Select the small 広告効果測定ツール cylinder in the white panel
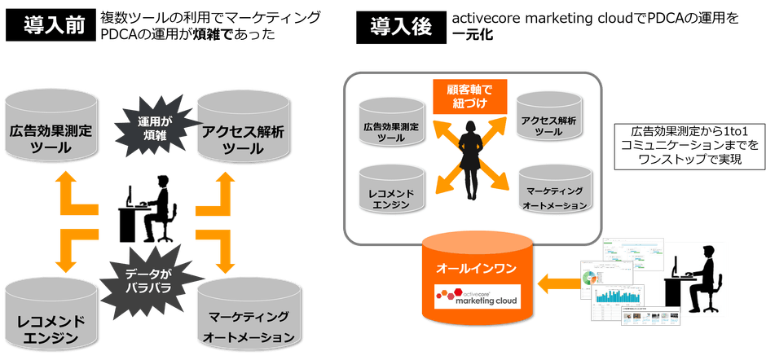point(390,126)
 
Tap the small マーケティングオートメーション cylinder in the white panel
point(552,191)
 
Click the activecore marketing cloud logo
point(482,294)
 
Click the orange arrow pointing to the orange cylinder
point(558,283)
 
